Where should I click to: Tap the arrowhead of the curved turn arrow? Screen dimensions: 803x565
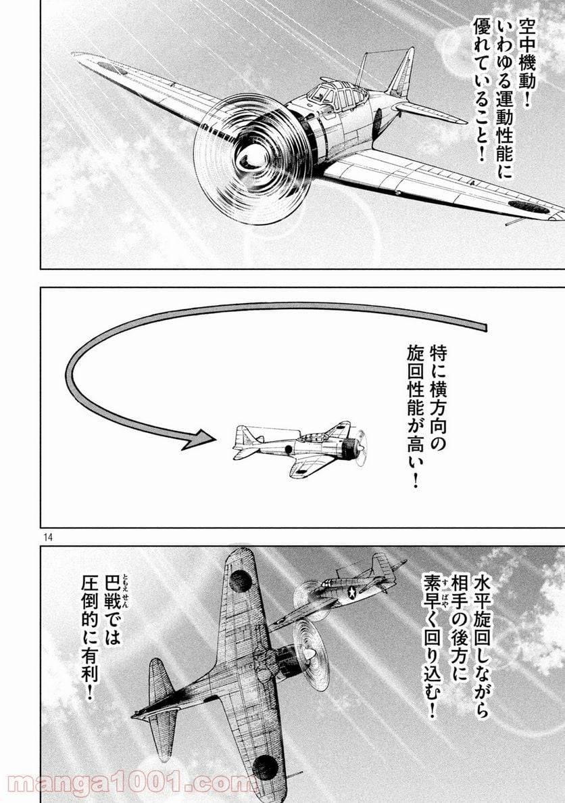201,440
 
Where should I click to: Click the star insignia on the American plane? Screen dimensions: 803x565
352,593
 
